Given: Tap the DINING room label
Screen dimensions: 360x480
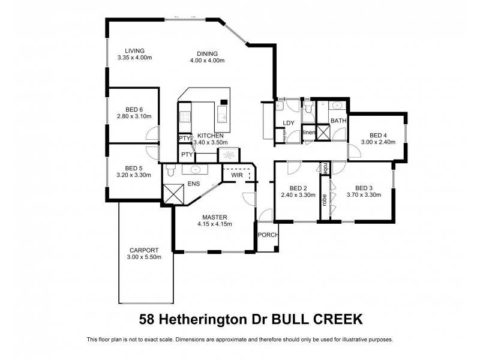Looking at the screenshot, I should (207, 53).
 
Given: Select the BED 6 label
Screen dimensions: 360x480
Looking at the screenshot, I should (134, 109).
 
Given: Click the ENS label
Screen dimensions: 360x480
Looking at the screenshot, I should (193, 184).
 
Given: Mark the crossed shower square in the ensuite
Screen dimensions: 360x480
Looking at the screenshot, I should (172, 193).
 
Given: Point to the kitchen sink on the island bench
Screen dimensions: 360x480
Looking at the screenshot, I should (221, 118).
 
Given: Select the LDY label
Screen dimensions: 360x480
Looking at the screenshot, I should (289, 124).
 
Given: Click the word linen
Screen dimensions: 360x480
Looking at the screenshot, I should (309, 132).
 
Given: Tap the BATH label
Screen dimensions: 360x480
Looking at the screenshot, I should (338, 121).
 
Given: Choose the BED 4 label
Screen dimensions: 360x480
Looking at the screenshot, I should (378, 135).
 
